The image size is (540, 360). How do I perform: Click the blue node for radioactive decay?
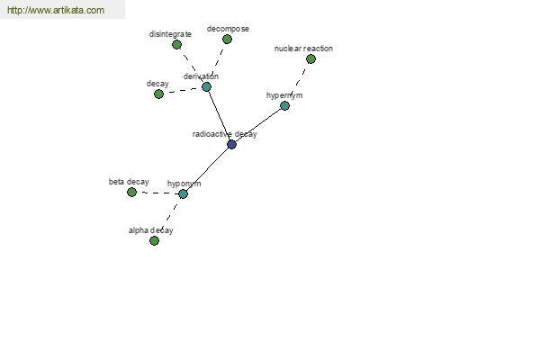point(232,144)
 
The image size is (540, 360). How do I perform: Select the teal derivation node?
point(206,86)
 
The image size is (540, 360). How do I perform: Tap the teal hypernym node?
point(284,106)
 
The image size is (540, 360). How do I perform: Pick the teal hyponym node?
point(184,194)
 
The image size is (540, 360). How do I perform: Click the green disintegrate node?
point(176,44)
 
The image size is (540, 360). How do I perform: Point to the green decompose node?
point(227,40)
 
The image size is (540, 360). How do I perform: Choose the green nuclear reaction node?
point(310,58)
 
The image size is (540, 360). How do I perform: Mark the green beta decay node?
point(132,193)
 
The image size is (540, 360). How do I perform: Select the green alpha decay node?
point(154,241)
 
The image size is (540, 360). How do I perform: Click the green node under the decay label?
point(158,94)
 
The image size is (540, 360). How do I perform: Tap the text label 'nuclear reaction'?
point(303,49)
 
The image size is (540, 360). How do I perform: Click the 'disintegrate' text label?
point(170,34)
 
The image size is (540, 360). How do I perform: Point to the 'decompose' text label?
point(228,29)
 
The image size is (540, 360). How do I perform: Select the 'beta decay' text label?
point(129,182)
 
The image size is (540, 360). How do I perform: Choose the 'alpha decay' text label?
point(151,230)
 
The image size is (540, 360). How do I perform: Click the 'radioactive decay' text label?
point(224,134)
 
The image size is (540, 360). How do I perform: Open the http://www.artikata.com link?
point(56,10)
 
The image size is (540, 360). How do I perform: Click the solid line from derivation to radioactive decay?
point(219,115)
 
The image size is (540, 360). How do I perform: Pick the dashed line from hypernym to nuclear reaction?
point(297,82)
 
